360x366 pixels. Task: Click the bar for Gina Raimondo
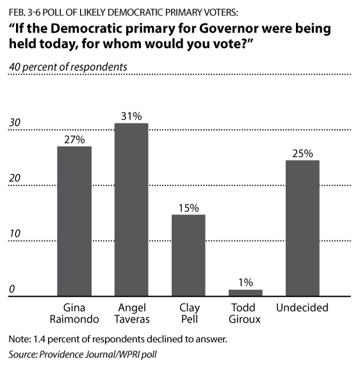74,221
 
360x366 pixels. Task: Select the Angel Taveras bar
131,210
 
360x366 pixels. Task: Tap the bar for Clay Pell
188,255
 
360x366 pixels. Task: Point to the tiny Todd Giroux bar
245,292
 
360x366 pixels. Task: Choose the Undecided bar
302,228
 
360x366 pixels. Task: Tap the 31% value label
131,116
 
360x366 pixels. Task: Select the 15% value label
188,208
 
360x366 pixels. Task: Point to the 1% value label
245,282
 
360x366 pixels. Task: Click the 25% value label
302,154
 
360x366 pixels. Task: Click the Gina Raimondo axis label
74,314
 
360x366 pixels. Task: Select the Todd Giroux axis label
245,314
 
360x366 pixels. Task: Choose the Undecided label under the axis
302,308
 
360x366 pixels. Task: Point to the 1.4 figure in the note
40,338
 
